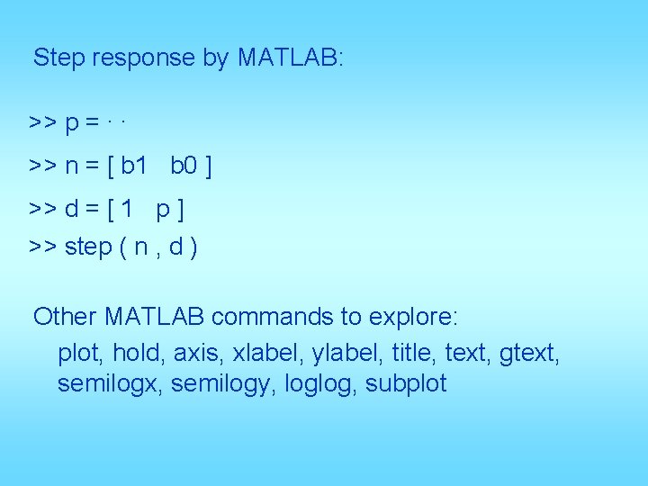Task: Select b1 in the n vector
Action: (133, 166)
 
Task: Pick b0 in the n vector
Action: (184, 166)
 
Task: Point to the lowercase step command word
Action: (88, 247)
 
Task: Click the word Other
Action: (66, 317)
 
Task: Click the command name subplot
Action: (406, 384)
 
